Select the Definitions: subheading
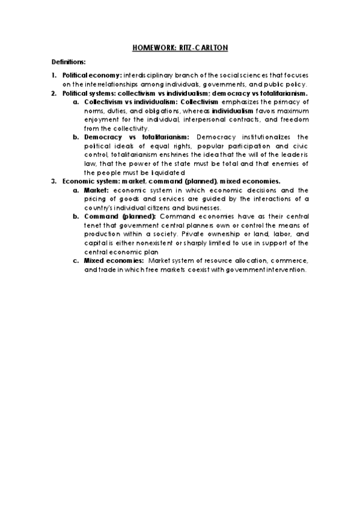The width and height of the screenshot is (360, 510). click(68, 62)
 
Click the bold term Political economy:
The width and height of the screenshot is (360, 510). click(92, 75)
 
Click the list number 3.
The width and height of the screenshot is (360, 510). click(53, 181)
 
